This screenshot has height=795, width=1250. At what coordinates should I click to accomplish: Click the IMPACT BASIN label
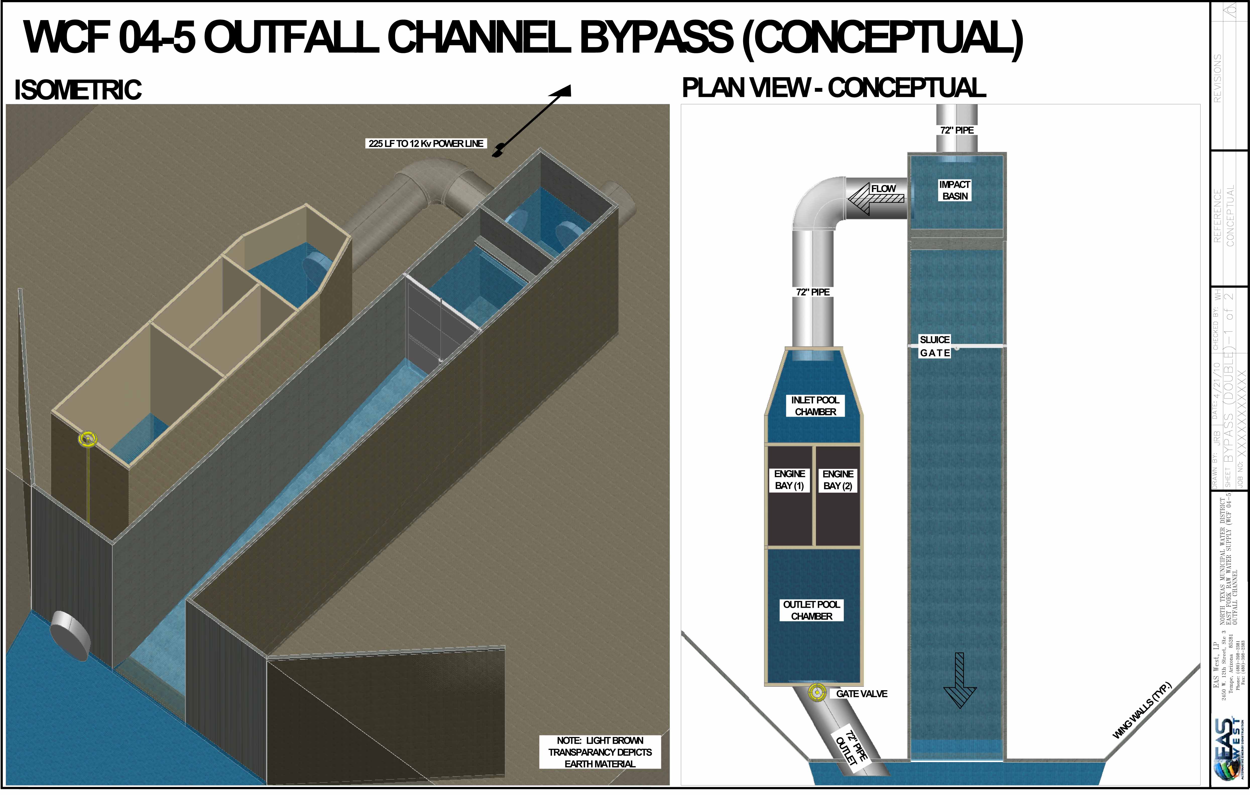(x=955, y=190)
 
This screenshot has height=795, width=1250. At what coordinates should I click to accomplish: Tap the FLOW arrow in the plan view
(x=876, y=198)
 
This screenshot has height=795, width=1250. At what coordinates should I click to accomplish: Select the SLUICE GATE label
(x=934, y=346)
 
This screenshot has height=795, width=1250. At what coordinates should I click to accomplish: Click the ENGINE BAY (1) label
(x=790, y=480)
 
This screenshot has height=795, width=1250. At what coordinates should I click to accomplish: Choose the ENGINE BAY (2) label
(x=838, y=480)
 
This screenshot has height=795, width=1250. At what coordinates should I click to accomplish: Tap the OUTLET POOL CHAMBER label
(x=811, y=610)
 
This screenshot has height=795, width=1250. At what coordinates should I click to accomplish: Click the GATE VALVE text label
(x=862, y=694)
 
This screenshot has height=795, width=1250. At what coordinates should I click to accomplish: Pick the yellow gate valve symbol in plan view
(x=817, y=693)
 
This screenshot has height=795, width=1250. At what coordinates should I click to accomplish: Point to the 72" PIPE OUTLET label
(x=851, y=748)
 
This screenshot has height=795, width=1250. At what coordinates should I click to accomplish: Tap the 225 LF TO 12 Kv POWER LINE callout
(x=426, y=143)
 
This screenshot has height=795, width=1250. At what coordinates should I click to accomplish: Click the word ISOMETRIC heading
(x=78, y=90)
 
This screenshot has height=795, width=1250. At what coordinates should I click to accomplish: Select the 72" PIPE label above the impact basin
(x=957, y=130)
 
